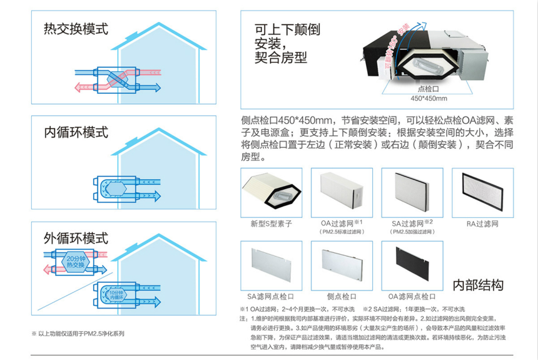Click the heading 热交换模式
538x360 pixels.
pyautogui.click(x=76, y=29)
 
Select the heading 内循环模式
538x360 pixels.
pyautogui.click(x=76, y=132)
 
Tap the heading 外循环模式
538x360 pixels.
pyautogui.click(x=76, y=238)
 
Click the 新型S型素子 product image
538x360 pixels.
pyautogui.click(x=271, y=192)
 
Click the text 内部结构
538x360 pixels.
pyautogui.click(x=479, y=285)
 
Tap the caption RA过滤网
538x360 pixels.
pyautogui.click(x=482, y=224)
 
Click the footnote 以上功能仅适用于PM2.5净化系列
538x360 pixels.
pyautogui.click(x=78, y=334)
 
